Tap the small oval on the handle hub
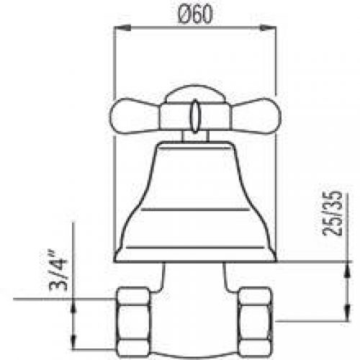click(x=194, y=114)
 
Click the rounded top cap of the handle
click(x=193, y=94)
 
